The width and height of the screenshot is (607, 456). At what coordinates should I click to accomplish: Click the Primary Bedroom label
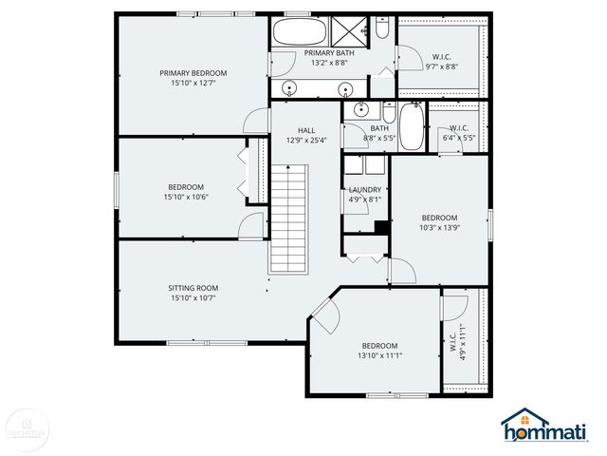click(x=193, y=78)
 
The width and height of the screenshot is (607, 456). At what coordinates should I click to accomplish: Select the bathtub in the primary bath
click(x=299, y=34)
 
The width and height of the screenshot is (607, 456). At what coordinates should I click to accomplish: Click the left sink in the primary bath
click(x=292, y=88)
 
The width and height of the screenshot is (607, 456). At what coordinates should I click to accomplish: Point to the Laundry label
click(x=365, y=195)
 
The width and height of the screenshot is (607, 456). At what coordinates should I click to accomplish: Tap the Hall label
click(x=306, y=135)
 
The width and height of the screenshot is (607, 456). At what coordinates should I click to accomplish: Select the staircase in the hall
click(x=290, y=218)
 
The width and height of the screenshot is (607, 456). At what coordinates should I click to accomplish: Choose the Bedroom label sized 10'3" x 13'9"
click(x=439, y=222)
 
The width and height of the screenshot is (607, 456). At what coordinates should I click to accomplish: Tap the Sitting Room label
click(x=193, y=293)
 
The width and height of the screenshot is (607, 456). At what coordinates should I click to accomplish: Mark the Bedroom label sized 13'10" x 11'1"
click(x=379, y=350)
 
